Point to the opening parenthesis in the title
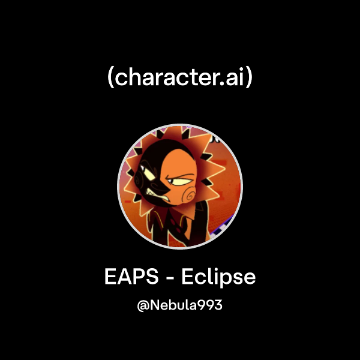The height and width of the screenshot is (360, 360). click(110, 79)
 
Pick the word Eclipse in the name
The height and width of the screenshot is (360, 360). click(219, 278)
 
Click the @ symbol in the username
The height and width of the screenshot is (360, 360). click(143, 305)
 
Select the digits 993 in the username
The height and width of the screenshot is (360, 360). click(211, 305)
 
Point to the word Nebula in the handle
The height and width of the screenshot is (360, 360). click(174, 305)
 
